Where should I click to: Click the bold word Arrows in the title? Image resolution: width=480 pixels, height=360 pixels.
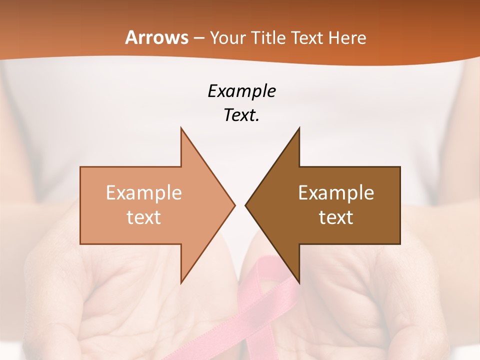point(156,37)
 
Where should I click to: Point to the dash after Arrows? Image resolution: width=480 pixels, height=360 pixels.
point(198,38)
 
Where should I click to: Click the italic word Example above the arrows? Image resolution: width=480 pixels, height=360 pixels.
point(241,91)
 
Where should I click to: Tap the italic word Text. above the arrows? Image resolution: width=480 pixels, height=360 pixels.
point(241,115)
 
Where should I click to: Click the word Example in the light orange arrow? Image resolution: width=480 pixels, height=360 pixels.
point(143,193)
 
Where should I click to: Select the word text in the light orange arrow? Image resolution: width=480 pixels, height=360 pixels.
point(143,217)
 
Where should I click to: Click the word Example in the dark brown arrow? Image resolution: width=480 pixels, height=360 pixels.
point(336,193)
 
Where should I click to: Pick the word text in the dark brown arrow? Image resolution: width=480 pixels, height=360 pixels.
point(336,217)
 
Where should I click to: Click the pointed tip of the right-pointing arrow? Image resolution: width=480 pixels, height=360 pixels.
point(234,205)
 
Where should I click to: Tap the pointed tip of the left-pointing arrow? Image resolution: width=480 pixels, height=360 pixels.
point(246,205)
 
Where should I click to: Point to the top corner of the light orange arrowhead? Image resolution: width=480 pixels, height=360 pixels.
point(181,129)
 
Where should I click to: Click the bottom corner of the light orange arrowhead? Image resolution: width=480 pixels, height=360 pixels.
point(181,282)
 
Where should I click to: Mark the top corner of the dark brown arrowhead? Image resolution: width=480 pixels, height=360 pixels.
point(299,129)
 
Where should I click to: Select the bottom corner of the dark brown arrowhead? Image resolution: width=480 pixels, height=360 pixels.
point(299,282)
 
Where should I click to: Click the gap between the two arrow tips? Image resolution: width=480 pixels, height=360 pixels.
point(240,205)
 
